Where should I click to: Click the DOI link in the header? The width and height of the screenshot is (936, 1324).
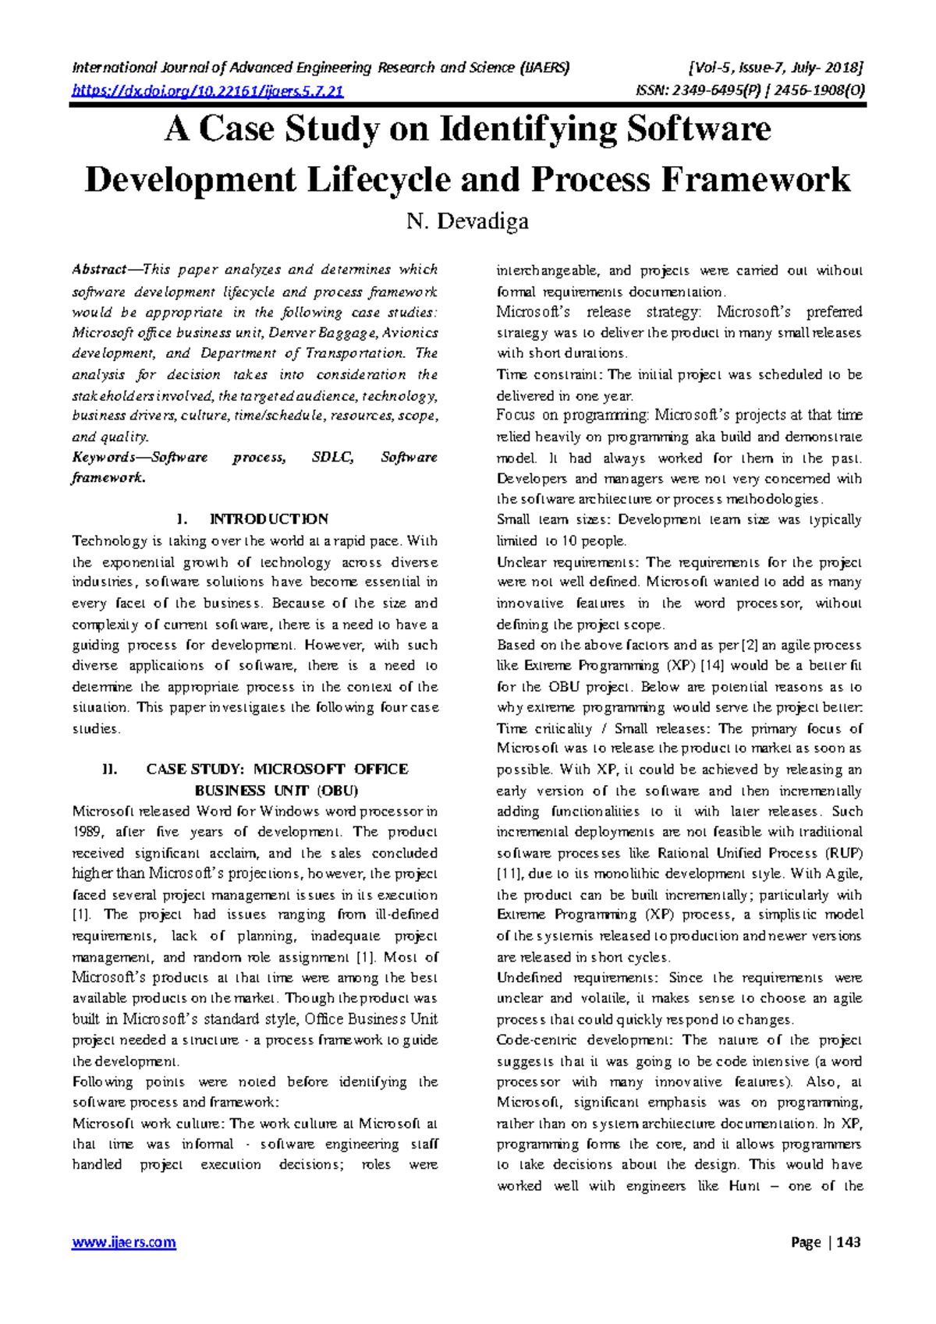pyautogui.click(x=207, y=91)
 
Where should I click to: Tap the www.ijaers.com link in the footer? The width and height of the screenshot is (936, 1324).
pyautogui.click(x=124, y=1242)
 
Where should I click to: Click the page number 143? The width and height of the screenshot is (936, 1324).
pyautogui.click(x=848, y=1242)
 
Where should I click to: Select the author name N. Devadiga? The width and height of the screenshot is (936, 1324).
pyautogui.click(x=467, y=221)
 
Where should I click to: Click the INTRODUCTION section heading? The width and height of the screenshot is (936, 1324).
pyautogui.click(x=269, y=519)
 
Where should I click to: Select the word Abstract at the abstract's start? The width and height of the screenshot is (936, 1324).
pyautogui.click(x=99, y=270)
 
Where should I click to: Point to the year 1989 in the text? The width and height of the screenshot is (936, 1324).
pyautogui.click(x=88, y=833)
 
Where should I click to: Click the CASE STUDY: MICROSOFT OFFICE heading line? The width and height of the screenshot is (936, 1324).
pyautogui.click(x=277, y=770)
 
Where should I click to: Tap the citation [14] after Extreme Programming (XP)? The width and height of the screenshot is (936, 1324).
pyautogui.click(x=713, y=666)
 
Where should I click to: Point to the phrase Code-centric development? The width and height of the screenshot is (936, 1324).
pyautogui.click(x=588, y=1040)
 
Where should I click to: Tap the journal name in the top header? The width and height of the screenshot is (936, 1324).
pyautogui.click(x=321, y=68)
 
